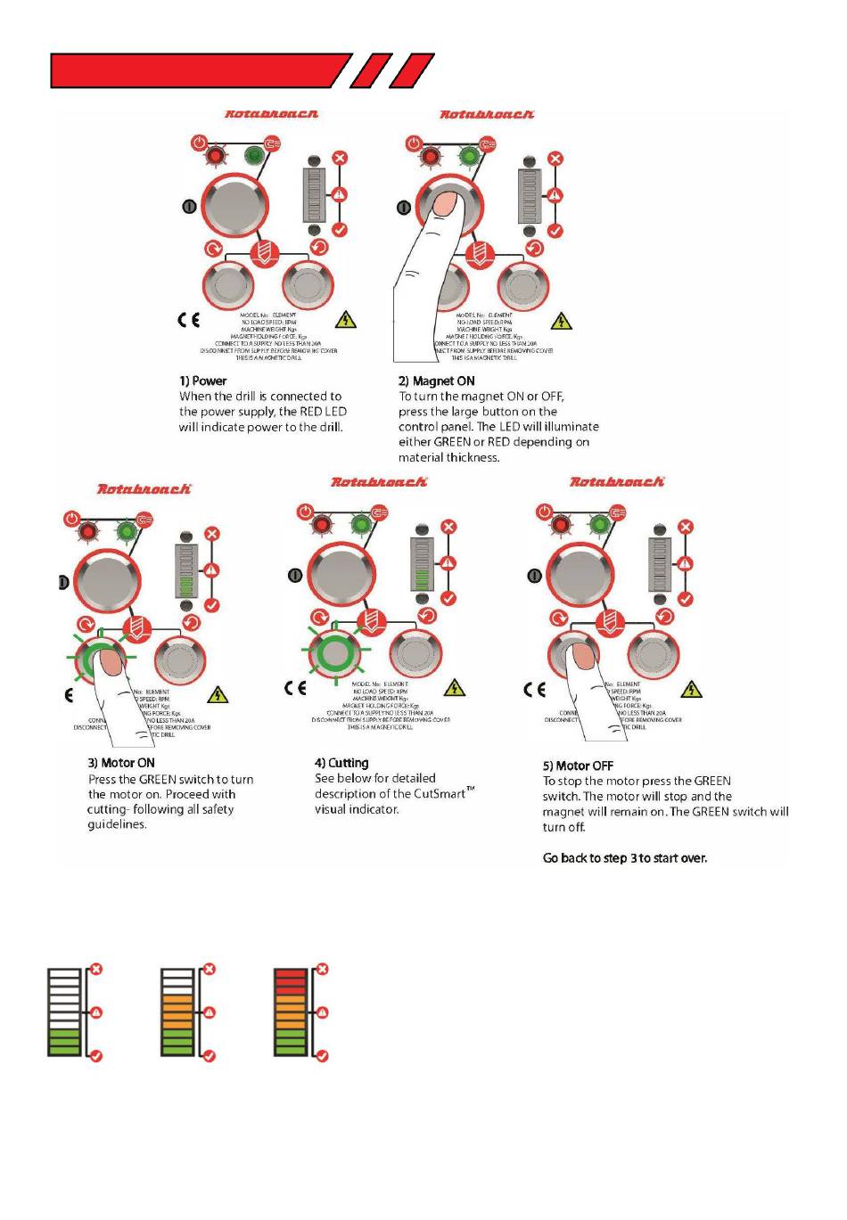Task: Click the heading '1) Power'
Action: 202,381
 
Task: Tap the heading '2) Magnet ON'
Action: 436,381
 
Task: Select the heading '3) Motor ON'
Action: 121,763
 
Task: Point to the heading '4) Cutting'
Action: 341,763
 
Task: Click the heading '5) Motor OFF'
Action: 578,766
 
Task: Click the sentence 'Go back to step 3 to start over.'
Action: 625,858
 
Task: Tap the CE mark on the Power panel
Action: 189,319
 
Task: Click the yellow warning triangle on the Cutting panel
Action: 455,687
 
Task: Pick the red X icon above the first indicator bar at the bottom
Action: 96,970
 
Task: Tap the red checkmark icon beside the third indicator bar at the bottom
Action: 323,1056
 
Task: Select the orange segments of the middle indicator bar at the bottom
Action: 177,1011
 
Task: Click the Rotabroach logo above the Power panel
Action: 271,114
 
